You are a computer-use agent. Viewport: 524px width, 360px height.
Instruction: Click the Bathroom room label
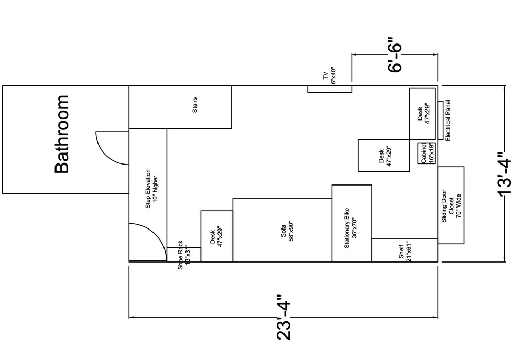(62, 134)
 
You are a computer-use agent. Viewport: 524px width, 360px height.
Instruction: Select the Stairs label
(195, 107)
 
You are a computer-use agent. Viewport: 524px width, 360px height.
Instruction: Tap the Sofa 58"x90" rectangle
(282, 230)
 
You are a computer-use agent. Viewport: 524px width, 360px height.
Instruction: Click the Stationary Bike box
(352, 223)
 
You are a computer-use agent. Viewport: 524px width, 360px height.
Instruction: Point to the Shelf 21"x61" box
(405, 250)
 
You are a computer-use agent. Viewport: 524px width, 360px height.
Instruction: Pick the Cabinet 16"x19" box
(427, 153)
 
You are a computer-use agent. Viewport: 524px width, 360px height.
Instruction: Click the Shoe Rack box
(183, 255)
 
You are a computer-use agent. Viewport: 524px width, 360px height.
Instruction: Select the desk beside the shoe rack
(216, 236)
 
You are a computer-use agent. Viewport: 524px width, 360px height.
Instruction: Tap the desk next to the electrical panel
(423, 113)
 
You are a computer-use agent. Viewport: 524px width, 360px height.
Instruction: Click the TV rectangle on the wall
(329, 89)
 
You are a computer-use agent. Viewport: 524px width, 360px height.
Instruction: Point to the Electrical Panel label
(448, 120)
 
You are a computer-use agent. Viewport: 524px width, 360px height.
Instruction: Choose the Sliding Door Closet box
(451, 205)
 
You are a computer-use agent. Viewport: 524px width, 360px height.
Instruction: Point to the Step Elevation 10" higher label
(151, 189)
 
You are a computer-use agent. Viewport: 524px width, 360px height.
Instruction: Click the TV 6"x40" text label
(329, 76)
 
